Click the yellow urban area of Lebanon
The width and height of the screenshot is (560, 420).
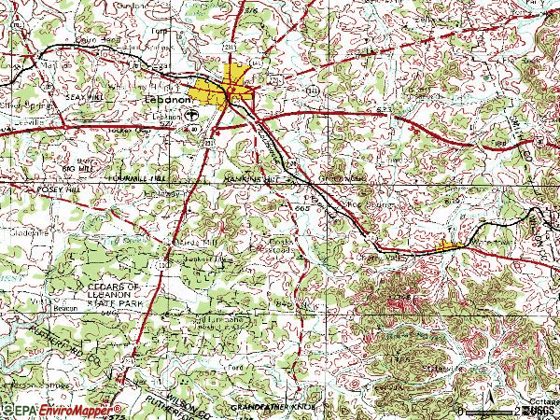(x=229, y=85)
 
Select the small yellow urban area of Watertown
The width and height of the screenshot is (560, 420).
(x=449, y=245)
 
